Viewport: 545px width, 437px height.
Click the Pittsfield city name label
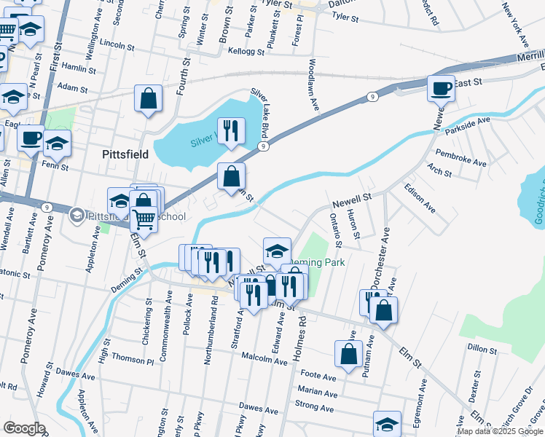[125, 154]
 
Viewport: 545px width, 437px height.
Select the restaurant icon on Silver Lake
[231, 131]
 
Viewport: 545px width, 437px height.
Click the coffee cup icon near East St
[441, 88]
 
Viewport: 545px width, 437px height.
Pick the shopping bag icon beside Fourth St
[148, 98]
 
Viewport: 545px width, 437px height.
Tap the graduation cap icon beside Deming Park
[277, 251]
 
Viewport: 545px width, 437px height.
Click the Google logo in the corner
[23, 428]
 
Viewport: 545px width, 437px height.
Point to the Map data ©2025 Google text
[499, 431]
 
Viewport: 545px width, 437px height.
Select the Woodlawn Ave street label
[315, 85]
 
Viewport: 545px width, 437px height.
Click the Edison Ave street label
[420, 197]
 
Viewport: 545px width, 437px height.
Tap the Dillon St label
[482, 350]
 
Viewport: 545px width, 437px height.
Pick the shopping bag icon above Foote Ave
[349, 354]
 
